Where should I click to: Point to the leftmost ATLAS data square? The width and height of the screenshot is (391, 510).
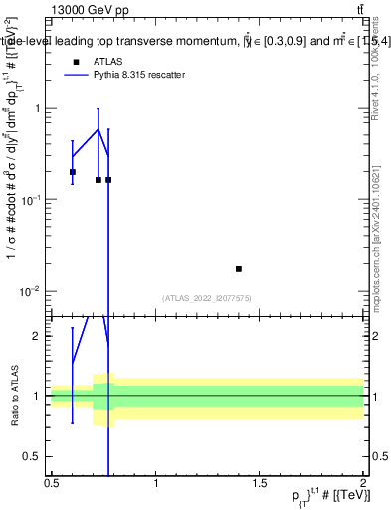[73, 172]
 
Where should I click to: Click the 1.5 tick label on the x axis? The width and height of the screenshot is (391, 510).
[260, 483]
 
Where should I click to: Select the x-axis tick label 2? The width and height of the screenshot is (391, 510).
[363, 483]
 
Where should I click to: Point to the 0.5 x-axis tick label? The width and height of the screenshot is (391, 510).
[52, 483]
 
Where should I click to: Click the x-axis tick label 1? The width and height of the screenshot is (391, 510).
[156, 483]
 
